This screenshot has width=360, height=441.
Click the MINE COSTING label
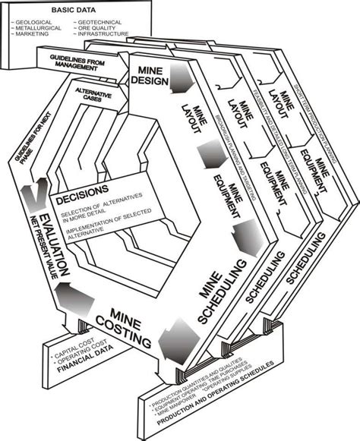click(x=121, y=324)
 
